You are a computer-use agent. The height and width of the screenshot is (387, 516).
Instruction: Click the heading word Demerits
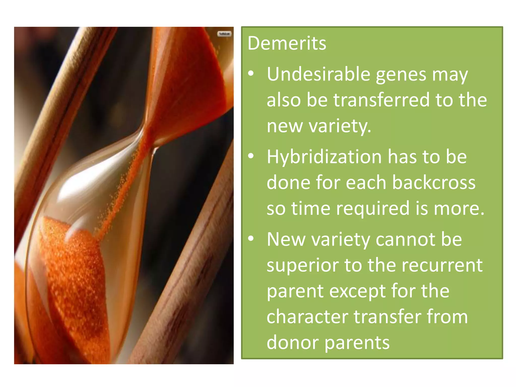pos(287,43)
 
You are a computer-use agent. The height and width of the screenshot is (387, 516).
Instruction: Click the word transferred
pos(381,100)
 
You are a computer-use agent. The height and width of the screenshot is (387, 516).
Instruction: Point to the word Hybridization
pos(324,157)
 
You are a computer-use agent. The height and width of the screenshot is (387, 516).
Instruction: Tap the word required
pos(373,209)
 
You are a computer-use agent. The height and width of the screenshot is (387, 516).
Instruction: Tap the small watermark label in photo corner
pos(224,34)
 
